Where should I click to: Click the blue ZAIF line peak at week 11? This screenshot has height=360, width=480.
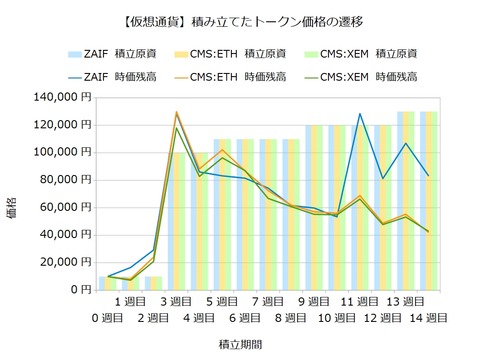(359, 114)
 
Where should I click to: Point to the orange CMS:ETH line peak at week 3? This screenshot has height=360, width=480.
(177, 112)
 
